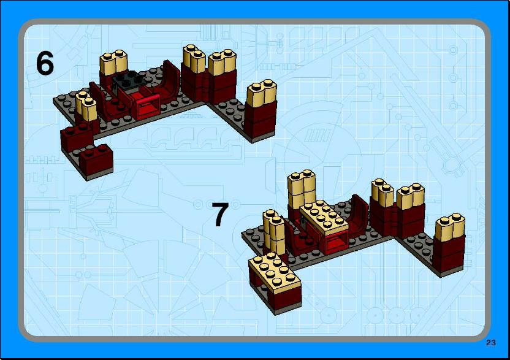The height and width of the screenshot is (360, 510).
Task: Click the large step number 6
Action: tap(45, 63)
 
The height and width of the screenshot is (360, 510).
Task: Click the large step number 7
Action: tap(220, 214)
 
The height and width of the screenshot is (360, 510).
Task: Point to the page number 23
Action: tap(491, 343)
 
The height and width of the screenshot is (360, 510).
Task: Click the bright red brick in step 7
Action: tap(336, 242)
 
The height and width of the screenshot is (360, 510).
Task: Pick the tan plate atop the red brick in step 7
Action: tap(324, 217)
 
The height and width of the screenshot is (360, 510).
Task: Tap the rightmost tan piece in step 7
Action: tap(450, 227)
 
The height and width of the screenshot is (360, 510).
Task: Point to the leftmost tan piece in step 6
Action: tap(86, 106)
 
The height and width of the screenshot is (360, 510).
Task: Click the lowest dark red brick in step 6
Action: tap(97, 159)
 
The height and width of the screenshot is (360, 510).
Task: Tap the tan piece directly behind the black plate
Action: tap(113, 63)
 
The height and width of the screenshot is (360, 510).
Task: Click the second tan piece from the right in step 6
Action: tap(223, 62)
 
